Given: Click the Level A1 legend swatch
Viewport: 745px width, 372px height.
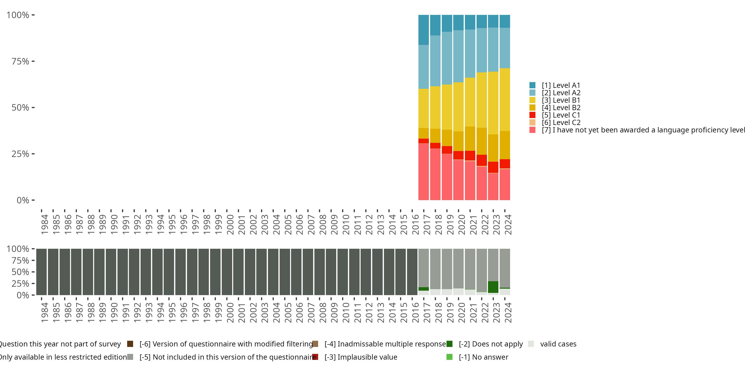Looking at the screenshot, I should point(532,85).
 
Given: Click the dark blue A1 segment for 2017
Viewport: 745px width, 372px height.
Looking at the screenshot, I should point(423,30).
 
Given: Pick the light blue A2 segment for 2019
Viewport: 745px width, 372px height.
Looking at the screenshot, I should point(447,58).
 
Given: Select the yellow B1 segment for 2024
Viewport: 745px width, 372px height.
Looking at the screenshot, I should point(505,100).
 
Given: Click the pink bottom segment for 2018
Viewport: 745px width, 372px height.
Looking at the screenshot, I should point(435,174).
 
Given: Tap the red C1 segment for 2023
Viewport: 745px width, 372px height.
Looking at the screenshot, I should point(493,167).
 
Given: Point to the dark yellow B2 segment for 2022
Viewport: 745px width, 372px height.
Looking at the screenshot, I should point(482,141).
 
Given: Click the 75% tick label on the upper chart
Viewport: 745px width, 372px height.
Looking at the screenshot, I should point(20,61).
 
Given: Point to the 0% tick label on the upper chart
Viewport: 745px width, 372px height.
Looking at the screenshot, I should point(23,200).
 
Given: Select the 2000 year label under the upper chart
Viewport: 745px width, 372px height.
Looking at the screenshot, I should point(230,224).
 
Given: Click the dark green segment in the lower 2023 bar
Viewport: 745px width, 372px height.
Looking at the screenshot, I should point(493,287).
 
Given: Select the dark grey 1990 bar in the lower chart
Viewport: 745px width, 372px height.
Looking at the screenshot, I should point(111,272).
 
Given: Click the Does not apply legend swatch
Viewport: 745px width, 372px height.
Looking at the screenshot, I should point(449,344).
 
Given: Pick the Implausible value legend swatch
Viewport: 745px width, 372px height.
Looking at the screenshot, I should point(315,357).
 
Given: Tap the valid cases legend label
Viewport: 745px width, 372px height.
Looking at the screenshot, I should point(558,344).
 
